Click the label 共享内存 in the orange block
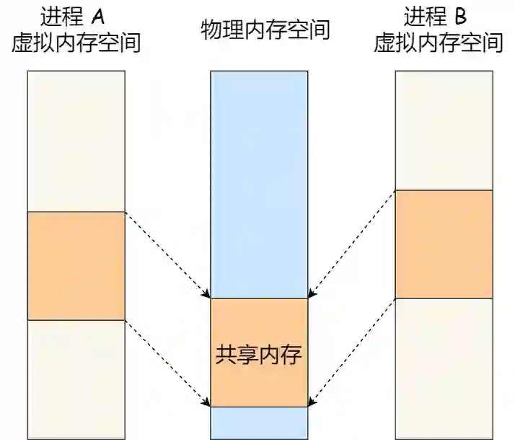coord(258,355)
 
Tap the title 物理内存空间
coord(265,30)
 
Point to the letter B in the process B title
coord(461,15)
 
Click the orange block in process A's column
coord(76,265)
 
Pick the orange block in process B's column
coord(444,243)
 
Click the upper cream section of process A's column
coord(76,141)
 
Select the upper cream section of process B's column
coord(444,130)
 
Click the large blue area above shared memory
coord(258,184)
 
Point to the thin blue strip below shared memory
coord(258,418)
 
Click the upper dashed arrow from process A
coord(167,254)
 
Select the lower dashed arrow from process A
coord(167,363)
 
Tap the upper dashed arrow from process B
coord(352,243)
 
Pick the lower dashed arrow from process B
coord(352,352)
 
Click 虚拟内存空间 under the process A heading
coord(76,43)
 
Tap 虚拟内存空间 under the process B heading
coord(438,43)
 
